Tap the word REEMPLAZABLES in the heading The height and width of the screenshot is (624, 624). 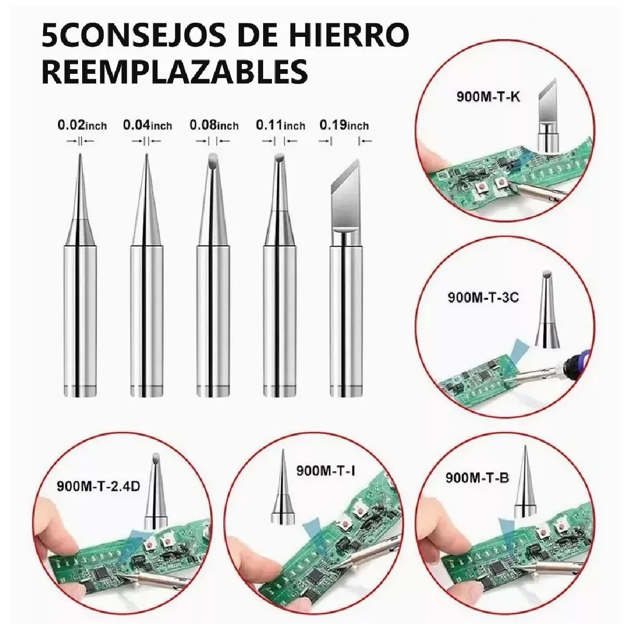174,72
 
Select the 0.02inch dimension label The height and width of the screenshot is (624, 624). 82,125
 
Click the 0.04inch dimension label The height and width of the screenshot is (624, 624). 147,125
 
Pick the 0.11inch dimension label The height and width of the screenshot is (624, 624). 280,125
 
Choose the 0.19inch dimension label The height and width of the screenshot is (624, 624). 344,125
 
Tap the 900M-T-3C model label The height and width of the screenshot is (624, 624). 483,298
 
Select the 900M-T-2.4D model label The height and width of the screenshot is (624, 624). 98,487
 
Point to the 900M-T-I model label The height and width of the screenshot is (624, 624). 326,471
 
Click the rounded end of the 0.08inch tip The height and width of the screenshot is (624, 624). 212,159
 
